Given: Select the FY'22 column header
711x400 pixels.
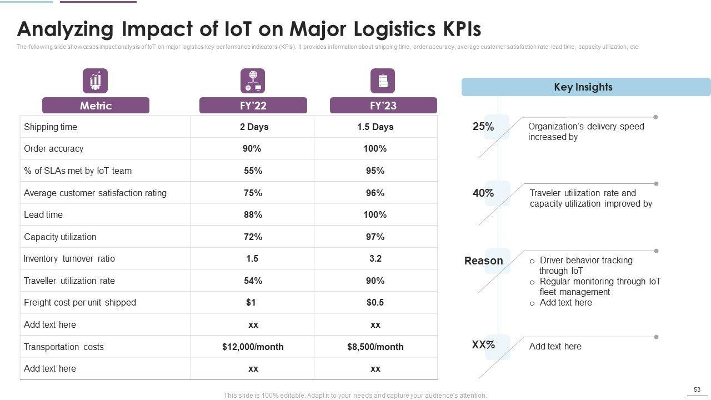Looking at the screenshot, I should (x=253, y=106).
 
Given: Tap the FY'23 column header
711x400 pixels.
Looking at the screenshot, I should (x=383, y=106).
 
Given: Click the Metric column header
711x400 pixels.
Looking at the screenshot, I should (x=96, y=106).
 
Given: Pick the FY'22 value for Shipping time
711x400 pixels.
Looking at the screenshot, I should (x=254, y=127).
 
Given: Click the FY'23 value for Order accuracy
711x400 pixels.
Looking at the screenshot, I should (x=375, y=149).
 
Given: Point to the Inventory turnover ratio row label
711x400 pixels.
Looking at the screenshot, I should (x=69, y=259).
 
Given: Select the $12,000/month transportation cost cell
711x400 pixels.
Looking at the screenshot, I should (x=253, y=347).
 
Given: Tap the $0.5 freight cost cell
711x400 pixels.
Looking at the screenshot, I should (x=375, y=303).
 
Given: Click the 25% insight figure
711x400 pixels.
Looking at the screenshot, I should (x=483, y=127).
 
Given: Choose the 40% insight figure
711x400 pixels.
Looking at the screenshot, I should (x=483, y=193).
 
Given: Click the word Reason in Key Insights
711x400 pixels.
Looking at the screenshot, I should (x=483, y=261).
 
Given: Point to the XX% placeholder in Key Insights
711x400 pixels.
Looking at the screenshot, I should (x=483, y=344).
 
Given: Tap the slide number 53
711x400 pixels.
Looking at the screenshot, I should (x=697, y=389).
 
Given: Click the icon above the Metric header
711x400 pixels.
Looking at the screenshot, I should (x=95, y=81).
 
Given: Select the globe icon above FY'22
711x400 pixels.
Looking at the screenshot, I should (x=253, y=81).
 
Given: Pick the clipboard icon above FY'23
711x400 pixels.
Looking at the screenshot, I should (x=383, y=81).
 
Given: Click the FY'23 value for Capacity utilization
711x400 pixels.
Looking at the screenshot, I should (x=375, y=237).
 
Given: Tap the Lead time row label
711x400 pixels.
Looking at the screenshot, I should (x=43, y=215).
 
